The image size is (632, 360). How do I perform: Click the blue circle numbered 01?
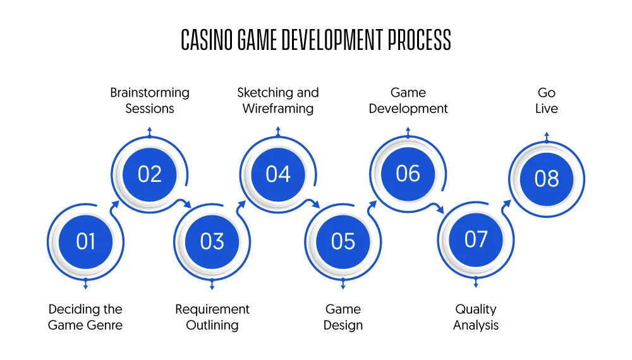[85, 242]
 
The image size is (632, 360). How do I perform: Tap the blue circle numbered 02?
[150, 174]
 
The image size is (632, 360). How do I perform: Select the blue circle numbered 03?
[212, 242]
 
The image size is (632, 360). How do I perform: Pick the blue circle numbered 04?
[278, 174]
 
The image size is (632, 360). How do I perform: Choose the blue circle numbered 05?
[343, 242]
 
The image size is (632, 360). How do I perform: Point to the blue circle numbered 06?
[408, 174]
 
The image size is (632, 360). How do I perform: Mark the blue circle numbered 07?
[476, 239]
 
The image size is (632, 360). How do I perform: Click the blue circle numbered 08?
[547, 179]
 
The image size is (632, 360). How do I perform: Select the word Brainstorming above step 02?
[150, 93]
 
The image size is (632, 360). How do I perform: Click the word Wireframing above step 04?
[278, 109]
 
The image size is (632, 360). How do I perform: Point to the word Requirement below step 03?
[212, 309]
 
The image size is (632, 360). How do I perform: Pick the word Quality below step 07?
[476, 309]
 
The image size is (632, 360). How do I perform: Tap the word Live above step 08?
[547, 109]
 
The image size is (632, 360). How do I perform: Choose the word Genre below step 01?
[104, 325]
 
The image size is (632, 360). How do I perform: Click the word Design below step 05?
[343, 325]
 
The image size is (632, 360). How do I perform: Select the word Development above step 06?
[408, 109]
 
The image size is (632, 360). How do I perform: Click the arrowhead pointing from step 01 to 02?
[115, 205]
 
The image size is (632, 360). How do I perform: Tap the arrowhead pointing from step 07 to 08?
[507, 204]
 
